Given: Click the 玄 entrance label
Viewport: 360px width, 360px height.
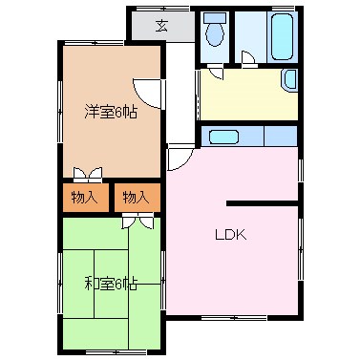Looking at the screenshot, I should tap(162, 25).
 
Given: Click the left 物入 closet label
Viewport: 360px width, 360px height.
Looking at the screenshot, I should tap(84, 198).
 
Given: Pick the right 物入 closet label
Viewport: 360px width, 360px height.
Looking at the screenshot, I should tap(136, 198).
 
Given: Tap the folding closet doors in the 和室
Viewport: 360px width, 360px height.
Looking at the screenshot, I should tap(138, 222).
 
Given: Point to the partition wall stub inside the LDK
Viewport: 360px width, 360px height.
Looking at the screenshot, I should tap(262, 202).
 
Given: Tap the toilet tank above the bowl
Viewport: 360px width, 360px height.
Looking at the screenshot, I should tap(215, 18).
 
